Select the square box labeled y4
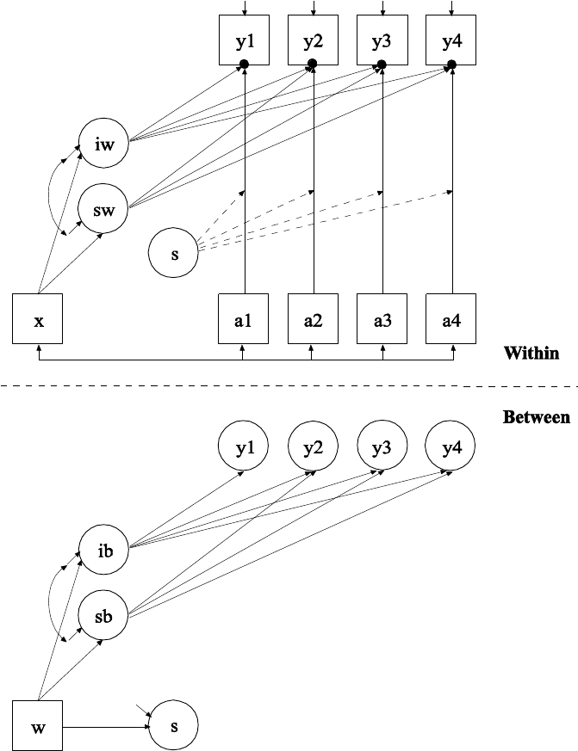(451, 40)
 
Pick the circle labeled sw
(103, 207)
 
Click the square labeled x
(39, 320)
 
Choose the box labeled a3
(382, 320)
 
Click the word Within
(531, 353)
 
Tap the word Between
(536, 417)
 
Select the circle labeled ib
(103, 550)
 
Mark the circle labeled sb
(103, 615)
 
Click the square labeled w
(39, 727)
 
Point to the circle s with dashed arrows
(174, 253)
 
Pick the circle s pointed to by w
(174, 727)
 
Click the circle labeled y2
(313, 448)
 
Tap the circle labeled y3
(382, 448)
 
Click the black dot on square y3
(382, 65)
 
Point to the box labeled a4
(451, 320)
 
